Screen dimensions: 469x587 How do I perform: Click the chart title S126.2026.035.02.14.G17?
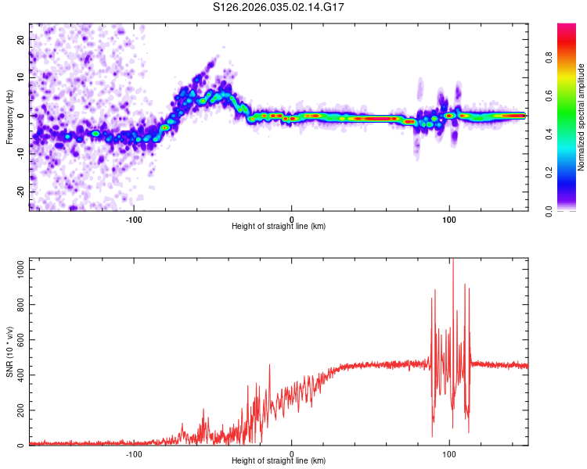click(x=279, y=7)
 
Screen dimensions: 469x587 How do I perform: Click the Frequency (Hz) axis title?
click(x=9, y=116)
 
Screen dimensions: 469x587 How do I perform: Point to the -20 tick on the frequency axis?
click(x=20, y=192)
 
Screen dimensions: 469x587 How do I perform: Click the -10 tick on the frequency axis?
click(x=20, y=154)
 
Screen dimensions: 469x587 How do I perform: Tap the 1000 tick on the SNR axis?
click(x=16, y=268)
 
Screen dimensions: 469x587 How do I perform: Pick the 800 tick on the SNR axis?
click(x=19, y=303)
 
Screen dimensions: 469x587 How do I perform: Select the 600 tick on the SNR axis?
click(x=19, y=339)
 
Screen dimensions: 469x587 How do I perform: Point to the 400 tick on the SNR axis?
click(x=19, y=374)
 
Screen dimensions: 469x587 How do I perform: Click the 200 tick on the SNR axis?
click(x=19, y=410)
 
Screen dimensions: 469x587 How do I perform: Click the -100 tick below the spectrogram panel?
click(x=134, y=219)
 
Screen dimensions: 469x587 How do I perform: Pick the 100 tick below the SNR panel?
click(x=449, y=453)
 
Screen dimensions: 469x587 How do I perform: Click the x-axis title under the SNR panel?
click(x=279, y=462)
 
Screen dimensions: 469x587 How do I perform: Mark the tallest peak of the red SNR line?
click(x=452, y=260)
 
